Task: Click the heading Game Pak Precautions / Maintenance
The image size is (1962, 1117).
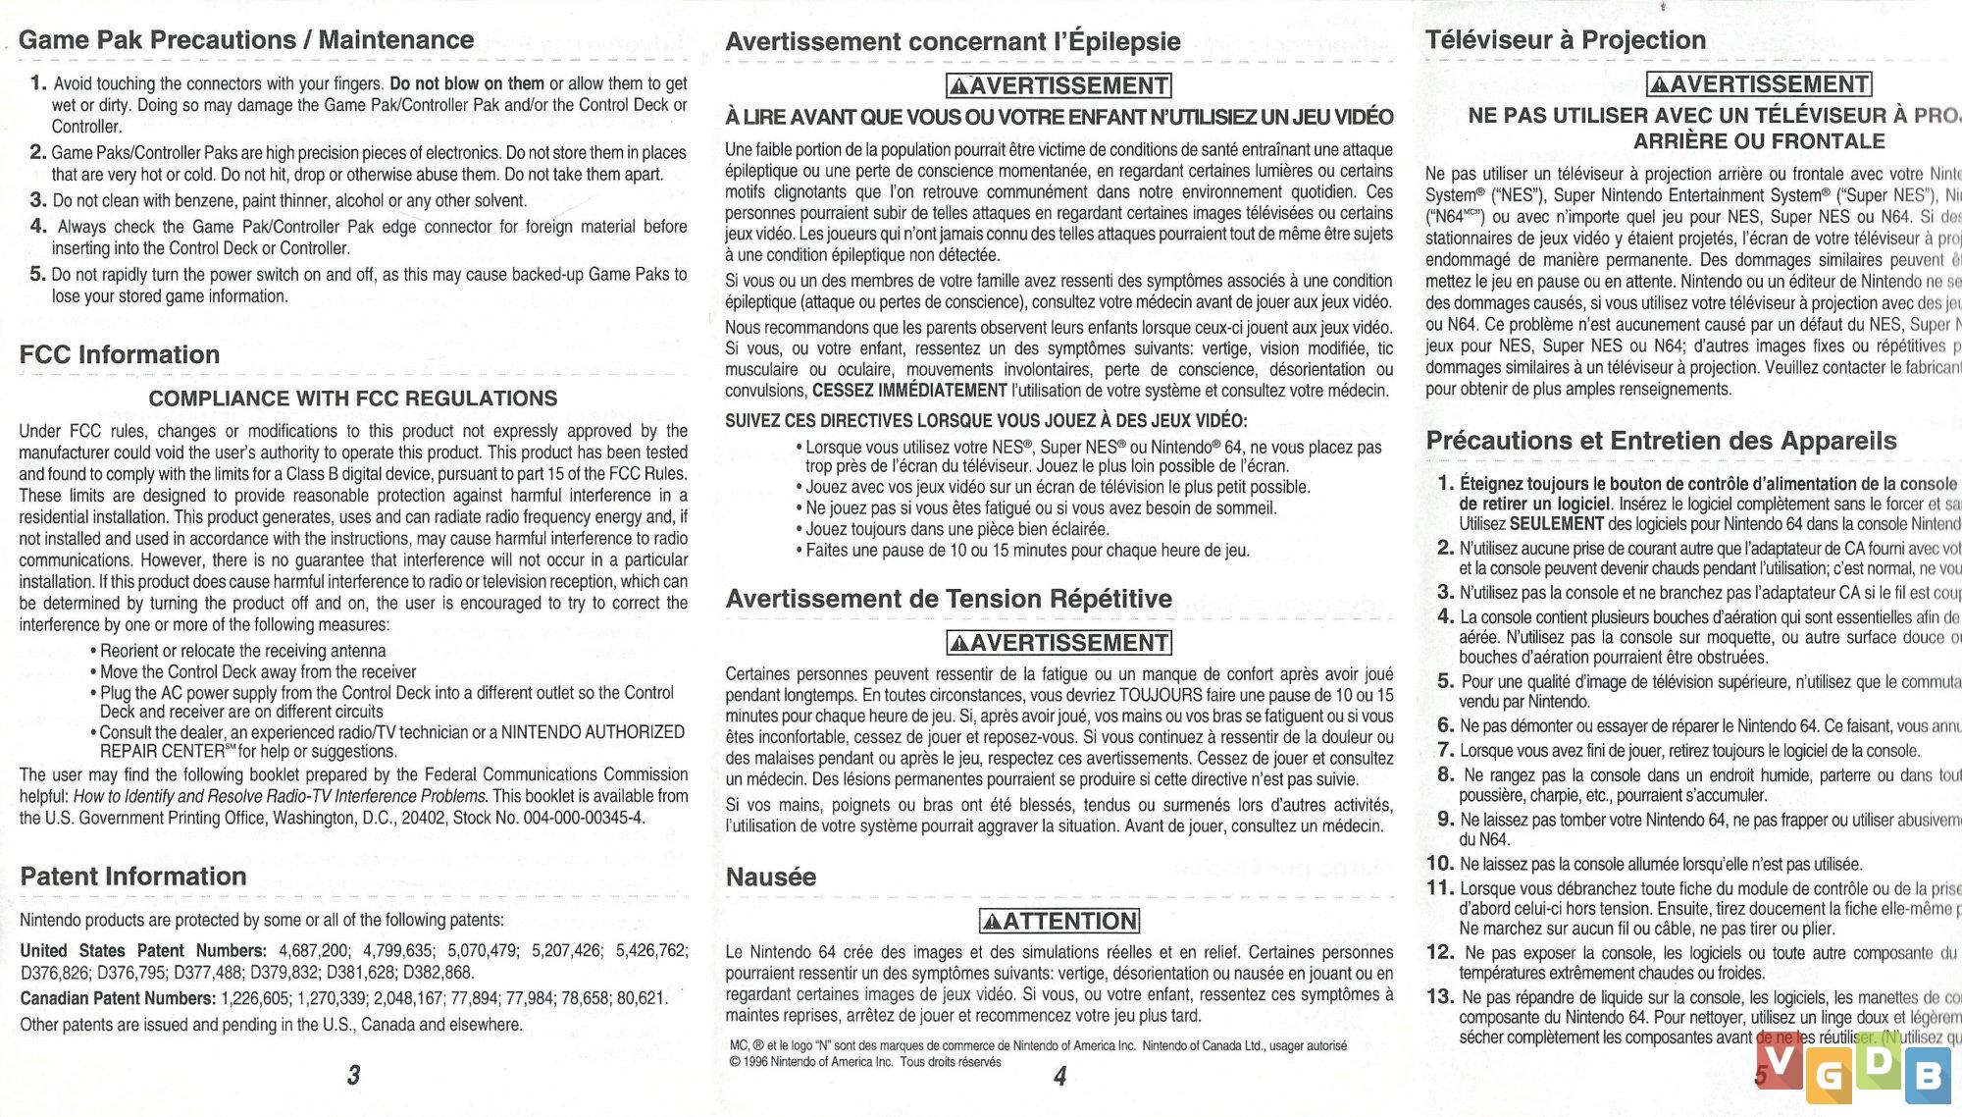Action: (246, 40)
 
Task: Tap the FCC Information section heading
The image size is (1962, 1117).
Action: (120, 354)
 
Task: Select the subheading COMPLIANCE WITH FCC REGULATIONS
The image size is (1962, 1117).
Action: (353, 399)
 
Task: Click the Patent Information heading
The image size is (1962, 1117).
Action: (133, 877)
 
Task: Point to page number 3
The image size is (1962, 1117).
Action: (353, 1076)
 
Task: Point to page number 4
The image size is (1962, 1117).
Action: (1059, 1077)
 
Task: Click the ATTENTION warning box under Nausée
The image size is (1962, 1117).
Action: (1059, 922)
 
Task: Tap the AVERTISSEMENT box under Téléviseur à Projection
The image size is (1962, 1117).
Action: (1759, 84)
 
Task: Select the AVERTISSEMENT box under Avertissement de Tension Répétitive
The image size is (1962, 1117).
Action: (1059, 643)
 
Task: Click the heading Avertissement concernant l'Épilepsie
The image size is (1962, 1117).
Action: (953, 41)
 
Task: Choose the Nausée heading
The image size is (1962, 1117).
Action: (771, 877)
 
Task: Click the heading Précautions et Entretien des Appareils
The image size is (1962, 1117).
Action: (1661, 441)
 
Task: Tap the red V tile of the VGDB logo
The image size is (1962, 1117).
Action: (1780, 1062)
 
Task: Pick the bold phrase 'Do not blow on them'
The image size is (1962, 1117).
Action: (467, 83)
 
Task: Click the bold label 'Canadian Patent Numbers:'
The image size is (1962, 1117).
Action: (118, 998)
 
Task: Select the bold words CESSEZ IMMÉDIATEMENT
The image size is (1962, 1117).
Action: (909, 391)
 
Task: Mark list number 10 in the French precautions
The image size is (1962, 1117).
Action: (1440, 864)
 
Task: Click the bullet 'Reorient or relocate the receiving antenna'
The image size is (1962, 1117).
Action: (242, 651)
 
